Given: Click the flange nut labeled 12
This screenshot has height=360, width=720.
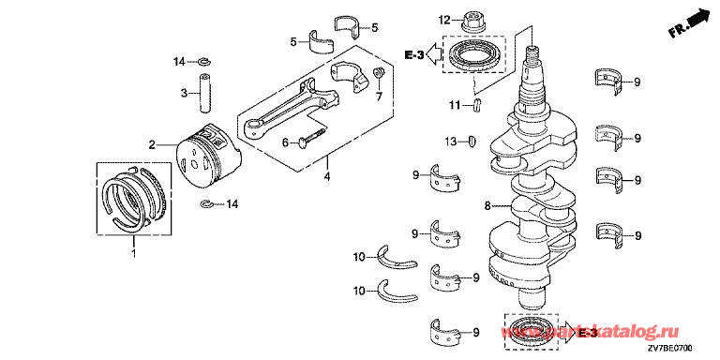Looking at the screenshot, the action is [472, 22].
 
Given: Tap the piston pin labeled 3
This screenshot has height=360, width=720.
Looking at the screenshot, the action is [204, 93].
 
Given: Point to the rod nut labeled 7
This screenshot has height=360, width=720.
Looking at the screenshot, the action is [380, 72].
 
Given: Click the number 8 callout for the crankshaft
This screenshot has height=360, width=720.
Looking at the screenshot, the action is [487, 206].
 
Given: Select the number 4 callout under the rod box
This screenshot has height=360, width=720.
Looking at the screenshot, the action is [326, 175].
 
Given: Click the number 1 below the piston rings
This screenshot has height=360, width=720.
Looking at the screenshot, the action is [134, 252].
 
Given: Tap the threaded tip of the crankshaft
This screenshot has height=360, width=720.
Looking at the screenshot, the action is [532, 53].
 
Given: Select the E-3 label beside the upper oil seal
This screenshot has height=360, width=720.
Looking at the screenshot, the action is [414, 55].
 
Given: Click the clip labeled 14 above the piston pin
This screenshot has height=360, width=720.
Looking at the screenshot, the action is [202, 61].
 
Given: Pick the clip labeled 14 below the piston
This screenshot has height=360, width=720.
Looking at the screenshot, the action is [206, 203].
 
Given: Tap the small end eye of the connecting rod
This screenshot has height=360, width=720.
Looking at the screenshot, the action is [254, 127].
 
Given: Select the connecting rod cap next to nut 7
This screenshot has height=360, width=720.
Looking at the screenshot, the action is [350, 75].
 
